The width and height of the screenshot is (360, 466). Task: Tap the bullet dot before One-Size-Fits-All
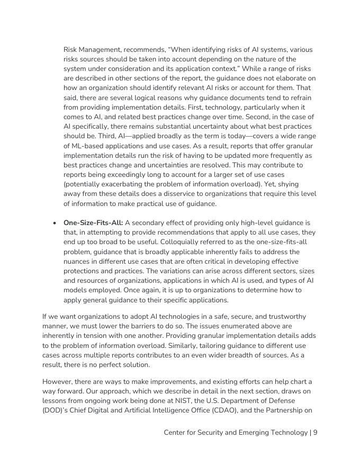click(55, 223)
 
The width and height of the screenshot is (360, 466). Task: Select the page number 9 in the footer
click(315, 432)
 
